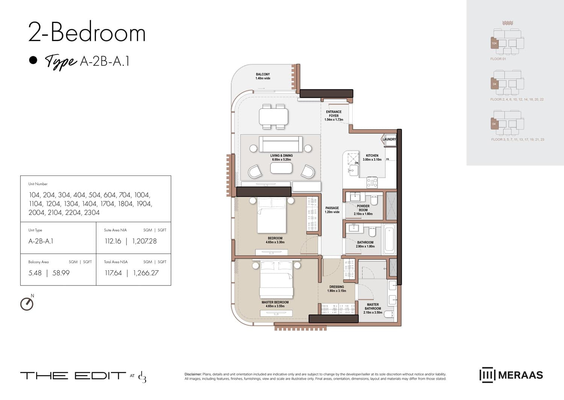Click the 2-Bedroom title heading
[87, 32]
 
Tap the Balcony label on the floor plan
[263, 76]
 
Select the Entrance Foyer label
[334, 116]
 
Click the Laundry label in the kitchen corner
[389, 139]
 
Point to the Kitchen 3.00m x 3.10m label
[372, 157]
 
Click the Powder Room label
[363, 210]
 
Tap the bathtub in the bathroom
[389, 239]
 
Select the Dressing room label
[337, 289]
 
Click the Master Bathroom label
[373, 308]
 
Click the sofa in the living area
[281, 144]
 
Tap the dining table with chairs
[273, 116]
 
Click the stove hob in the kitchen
[372, 183]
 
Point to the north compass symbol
[27, 303]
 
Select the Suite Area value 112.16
[113, 241]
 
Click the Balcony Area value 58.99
[61, 273]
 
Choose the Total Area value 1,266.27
[146, 273]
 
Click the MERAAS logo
[511, 375]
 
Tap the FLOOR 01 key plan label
[498, 59]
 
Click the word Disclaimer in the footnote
[193, 374]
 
